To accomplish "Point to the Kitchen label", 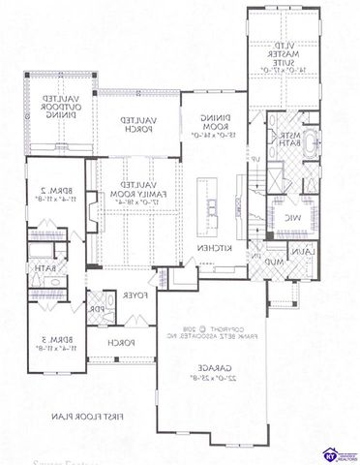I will [214, 250].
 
